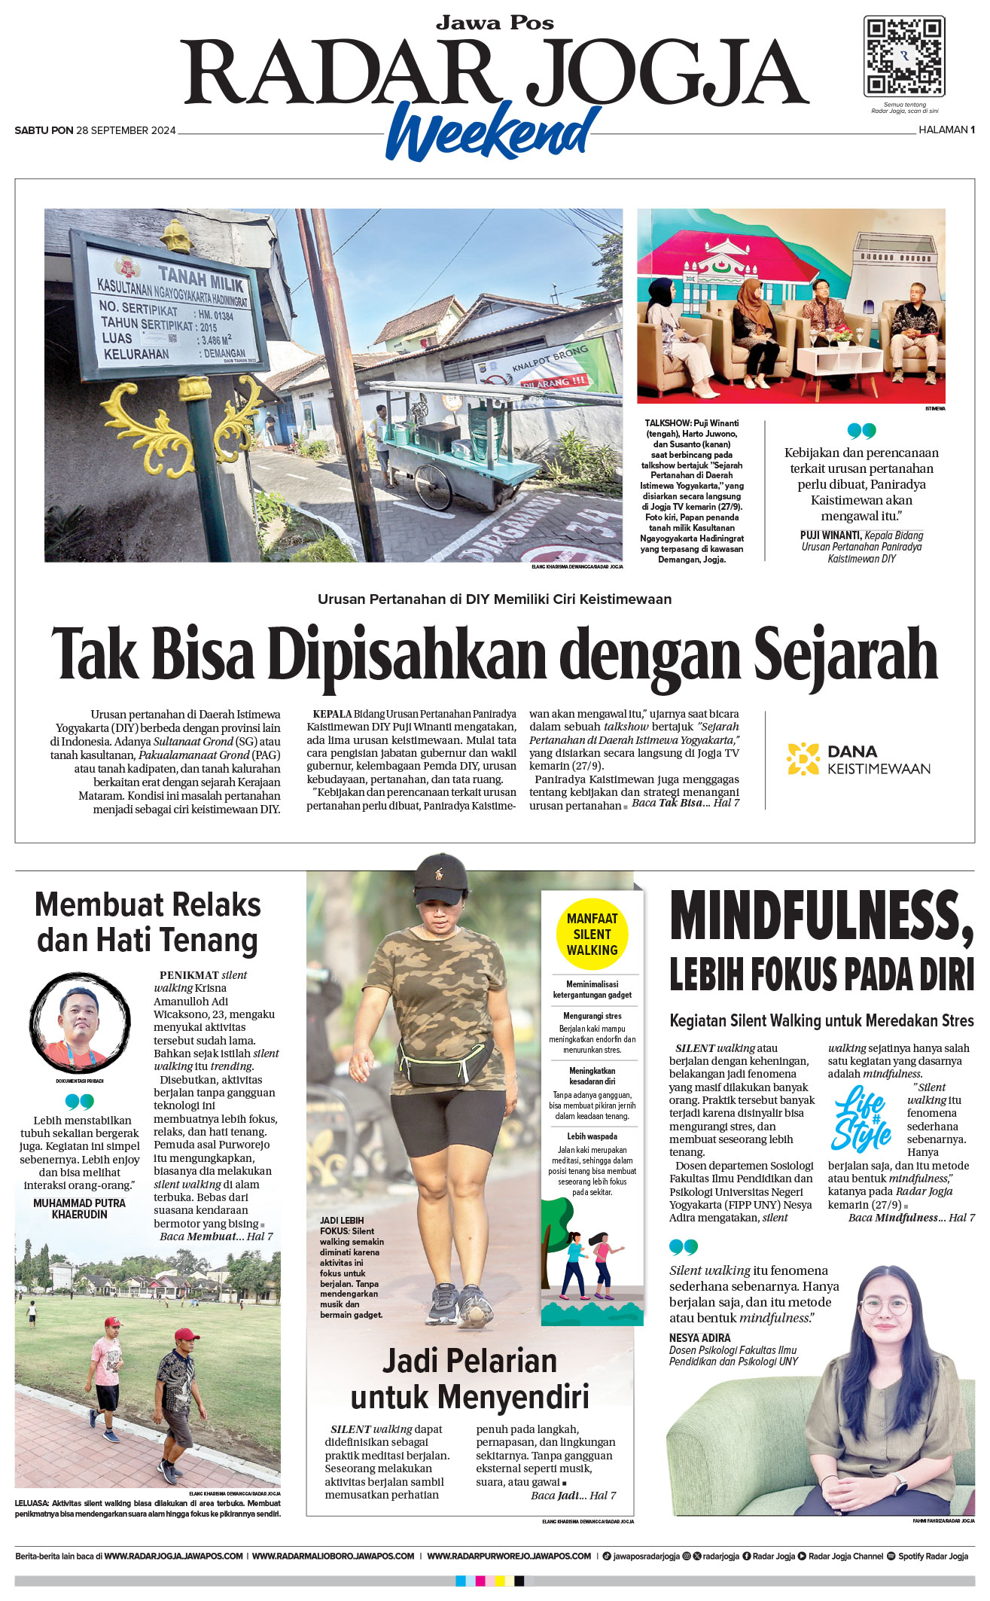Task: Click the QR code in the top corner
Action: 903,56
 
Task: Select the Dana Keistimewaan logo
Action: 858,759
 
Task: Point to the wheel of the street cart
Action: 433,486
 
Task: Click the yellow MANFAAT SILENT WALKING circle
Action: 592,934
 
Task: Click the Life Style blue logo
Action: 861,1118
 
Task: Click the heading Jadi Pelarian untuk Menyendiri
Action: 469,1379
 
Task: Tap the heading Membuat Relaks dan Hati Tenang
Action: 148,922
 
